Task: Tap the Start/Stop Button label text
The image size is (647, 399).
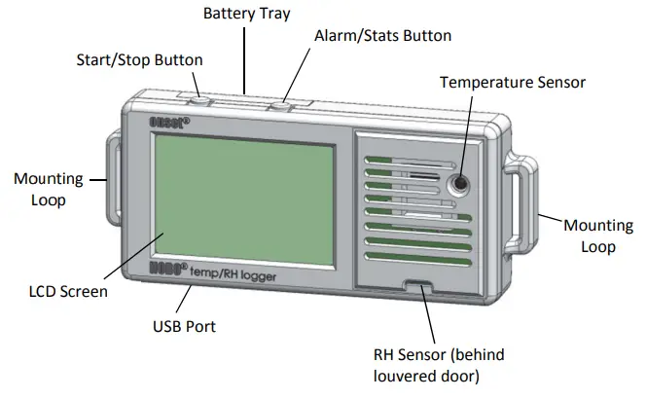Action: [x=139, y=59]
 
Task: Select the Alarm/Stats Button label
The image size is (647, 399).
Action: [x=382, y=36]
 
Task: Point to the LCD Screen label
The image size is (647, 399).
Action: [x=66, y=291]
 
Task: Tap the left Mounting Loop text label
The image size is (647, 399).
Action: [x=40, y=189]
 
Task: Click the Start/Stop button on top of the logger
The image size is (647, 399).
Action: [x=198, y=98]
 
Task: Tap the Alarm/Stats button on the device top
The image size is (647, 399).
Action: [x=283, y=101]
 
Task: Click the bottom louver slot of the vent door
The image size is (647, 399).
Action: [x=416, y=261]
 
